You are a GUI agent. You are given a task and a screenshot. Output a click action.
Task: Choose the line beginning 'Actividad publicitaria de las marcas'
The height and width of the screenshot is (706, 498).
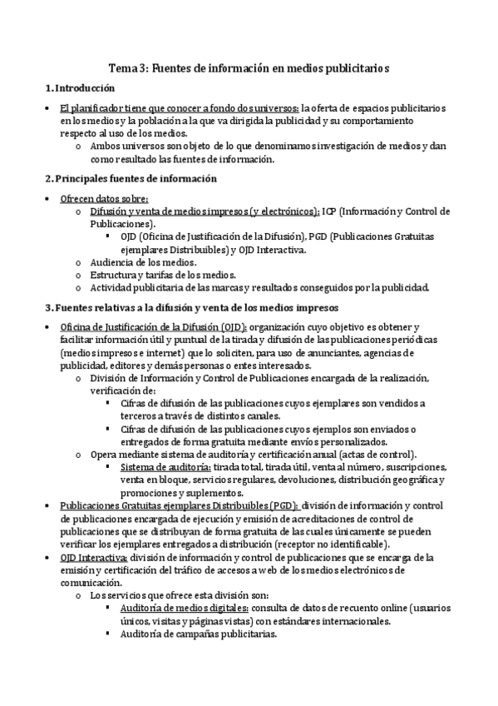tap(259, 288)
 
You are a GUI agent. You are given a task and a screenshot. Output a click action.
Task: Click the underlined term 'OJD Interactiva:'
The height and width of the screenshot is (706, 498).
tap(94, 557)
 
